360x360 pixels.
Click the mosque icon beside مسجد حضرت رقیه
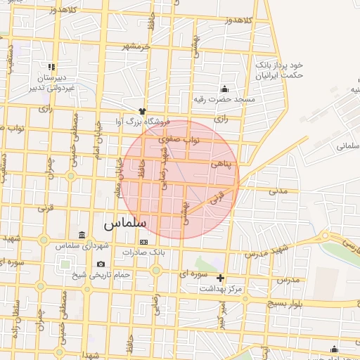[224, 89]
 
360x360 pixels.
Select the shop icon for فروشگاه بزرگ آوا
[142, 111]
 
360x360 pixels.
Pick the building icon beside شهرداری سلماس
[82, 235]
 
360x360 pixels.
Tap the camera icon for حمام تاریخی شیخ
[101, 264]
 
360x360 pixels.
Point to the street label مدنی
[278, 190]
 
